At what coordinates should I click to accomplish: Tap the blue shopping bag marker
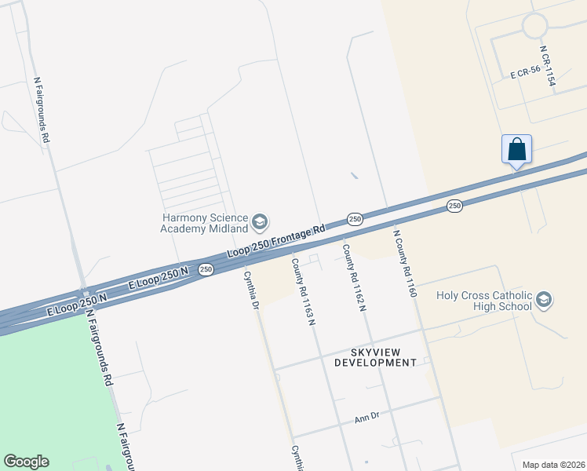pyautogui.click(x=516, y=148)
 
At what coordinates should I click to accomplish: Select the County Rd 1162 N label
pyautogui.click(x=353, y=278)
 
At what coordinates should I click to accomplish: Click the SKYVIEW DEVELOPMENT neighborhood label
pyautogui.click(x=375, y=356)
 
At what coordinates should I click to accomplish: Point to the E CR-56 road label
pyautogui.click(x=525, y=74)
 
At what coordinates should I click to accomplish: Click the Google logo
pyautogui.click(x=26, y=462)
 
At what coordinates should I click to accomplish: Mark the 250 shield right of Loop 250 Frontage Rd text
pyautogui.click(x=355, y=219)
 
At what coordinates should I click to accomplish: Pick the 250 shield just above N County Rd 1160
pyautogui.click(x=454, y=206)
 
